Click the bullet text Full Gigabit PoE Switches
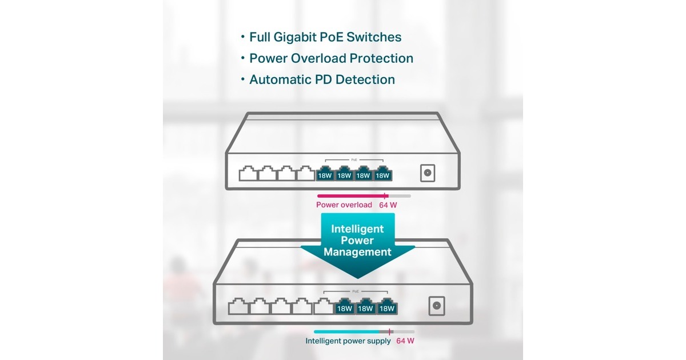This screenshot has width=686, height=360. coord(325,37)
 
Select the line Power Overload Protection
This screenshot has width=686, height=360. coord(331,58)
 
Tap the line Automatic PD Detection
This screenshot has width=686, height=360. coord(322,79)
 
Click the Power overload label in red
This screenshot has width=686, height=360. coord(344,205)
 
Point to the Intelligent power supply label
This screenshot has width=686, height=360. coord(348,341)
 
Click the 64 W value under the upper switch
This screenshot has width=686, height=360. coord(388,205)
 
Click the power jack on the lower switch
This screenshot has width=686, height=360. coord(437,306)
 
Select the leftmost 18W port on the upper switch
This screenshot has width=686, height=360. coord(325,174)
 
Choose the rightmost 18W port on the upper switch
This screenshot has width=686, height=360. coord(382,174)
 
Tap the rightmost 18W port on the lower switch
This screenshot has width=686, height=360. coord(387,307)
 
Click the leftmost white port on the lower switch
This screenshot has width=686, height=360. coord(238,307)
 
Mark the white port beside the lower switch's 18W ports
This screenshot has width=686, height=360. coord(323,307)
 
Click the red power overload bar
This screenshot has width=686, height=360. coord(350,195)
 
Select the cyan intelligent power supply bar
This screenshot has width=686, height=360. coord(346,331)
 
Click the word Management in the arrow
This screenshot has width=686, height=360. coord(357,251)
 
